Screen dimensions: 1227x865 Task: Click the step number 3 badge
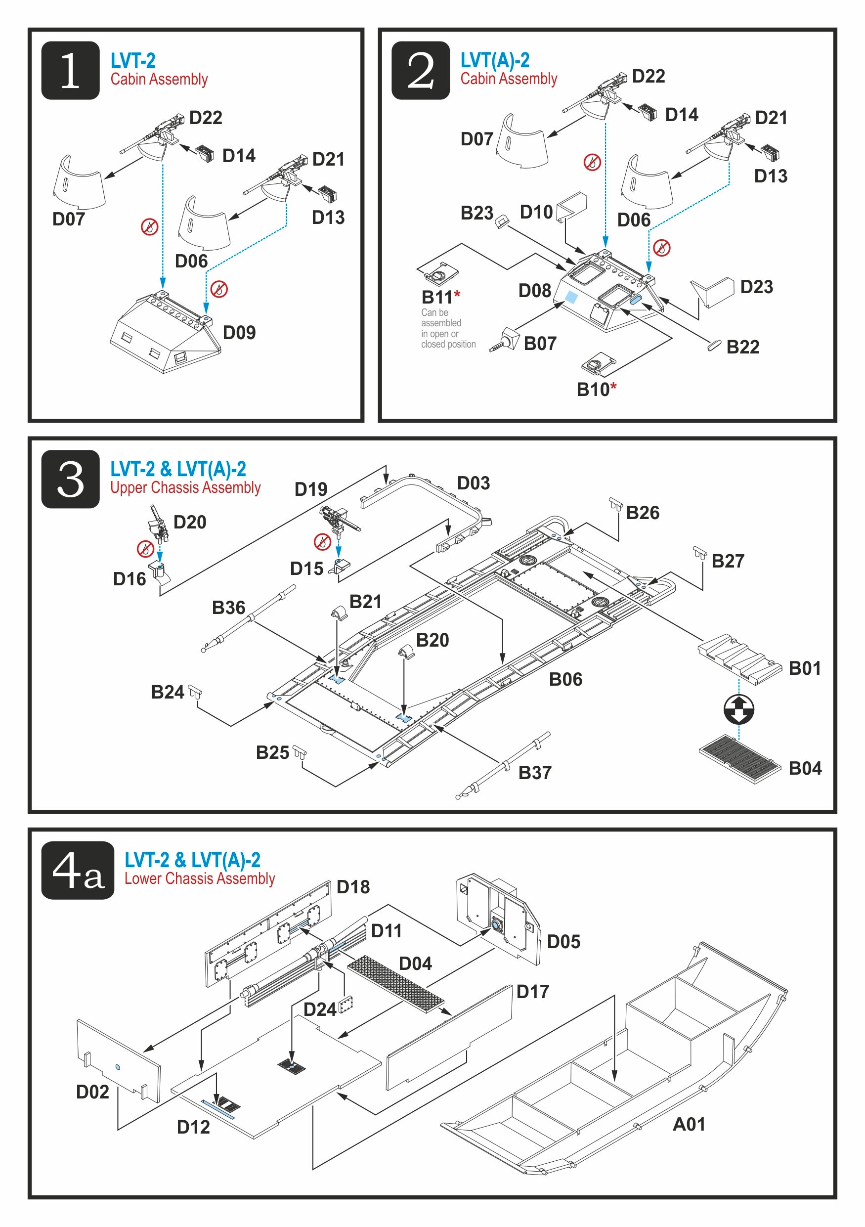click(70, 479)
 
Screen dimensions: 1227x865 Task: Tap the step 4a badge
click(78, 870)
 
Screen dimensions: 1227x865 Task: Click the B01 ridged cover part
click(739, 658)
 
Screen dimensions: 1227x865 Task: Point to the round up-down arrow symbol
click(738, 710)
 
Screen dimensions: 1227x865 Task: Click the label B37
click(534, 772)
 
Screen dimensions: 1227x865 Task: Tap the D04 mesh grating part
click(395, 984)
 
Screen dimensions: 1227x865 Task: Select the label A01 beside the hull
click(688, 1124)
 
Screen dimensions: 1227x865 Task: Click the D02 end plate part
click(119, 1061)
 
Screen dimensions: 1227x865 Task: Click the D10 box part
click(572, 206)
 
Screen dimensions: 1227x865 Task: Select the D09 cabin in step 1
click(165, 334)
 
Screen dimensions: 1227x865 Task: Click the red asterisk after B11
click(457, 295)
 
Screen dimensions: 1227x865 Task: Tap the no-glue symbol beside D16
click(145, 548)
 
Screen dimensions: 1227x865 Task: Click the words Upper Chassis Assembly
click(185, 487)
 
